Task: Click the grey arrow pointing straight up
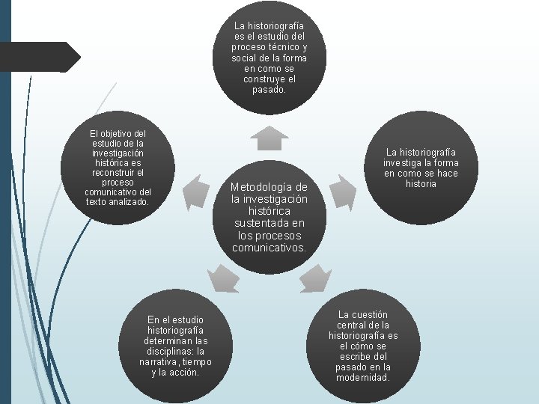[269, 138]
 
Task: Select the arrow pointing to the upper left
[196, 190]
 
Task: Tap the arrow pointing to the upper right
[341, 191]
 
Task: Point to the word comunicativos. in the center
[269, 247]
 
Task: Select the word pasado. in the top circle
[269, 90]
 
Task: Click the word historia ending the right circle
[421, 183]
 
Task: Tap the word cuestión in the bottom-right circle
[363, 315]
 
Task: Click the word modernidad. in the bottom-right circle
[363, 377]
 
